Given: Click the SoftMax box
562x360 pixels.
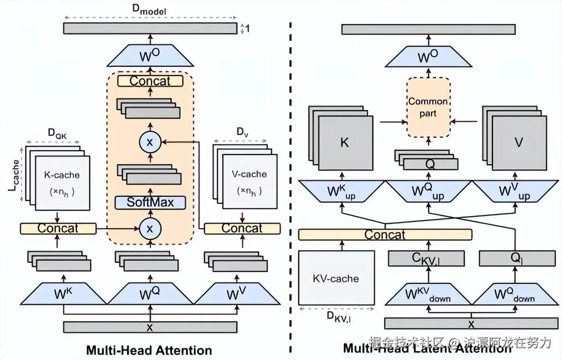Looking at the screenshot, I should tap(150, 202).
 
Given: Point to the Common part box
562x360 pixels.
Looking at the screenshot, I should tap(428, 107).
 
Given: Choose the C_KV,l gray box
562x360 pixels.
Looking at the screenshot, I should tap(426, 259).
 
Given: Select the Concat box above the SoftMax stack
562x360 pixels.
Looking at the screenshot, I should tap(150, 81).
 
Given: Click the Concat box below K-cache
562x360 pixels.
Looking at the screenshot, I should tap(58, 228).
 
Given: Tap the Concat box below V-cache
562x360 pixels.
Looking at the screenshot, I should tap(242, 228).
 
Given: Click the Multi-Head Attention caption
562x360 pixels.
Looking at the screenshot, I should tap(149, 350).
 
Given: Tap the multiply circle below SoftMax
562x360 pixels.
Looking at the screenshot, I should tap(150, 228).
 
